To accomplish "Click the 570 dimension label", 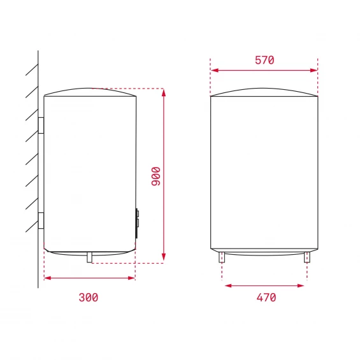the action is point(264,60).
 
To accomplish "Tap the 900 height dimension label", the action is point(156,176).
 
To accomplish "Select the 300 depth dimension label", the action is point(89,298).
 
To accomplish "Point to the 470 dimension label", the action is point(266,298).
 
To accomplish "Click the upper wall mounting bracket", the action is point(41,125).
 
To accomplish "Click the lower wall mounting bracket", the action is point(41,220).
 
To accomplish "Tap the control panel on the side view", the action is point(137,223).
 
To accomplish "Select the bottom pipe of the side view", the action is point(89,257).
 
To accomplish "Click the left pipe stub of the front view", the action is point(222,257).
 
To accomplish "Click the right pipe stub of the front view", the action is point(307,257).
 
